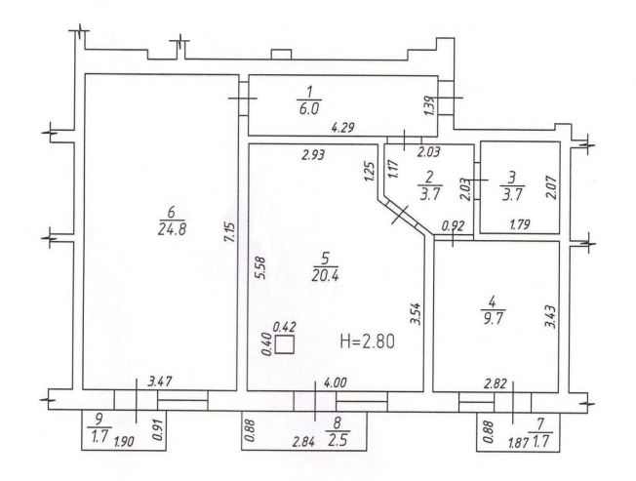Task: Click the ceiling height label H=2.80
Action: [367, 341]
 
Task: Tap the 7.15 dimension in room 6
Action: [229, 232]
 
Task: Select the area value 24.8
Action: [171, 230]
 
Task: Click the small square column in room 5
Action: [284, 344]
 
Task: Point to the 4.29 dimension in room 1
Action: [343, 128]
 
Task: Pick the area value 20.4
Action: [325, 276]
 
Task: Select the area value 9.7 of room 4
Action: [494, 318]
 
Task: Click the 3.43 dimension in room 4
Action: [550, 316]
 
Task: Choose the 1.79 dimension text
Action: [519, 224]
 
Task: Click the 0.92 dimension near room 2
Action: [453, 225]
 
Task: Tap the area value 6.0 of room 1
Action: [309, 108]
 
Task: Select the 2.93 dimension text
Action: [313, 154]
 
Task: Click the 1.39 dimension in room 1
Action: [431, 105]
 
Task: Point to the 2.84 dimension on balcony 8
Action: [303, 442]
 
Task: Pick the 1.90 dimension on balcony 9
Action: [124, 442]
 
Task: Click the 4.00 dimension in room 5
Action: [335, 382]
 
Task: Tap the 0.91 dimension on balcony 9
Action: [158, 430]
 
